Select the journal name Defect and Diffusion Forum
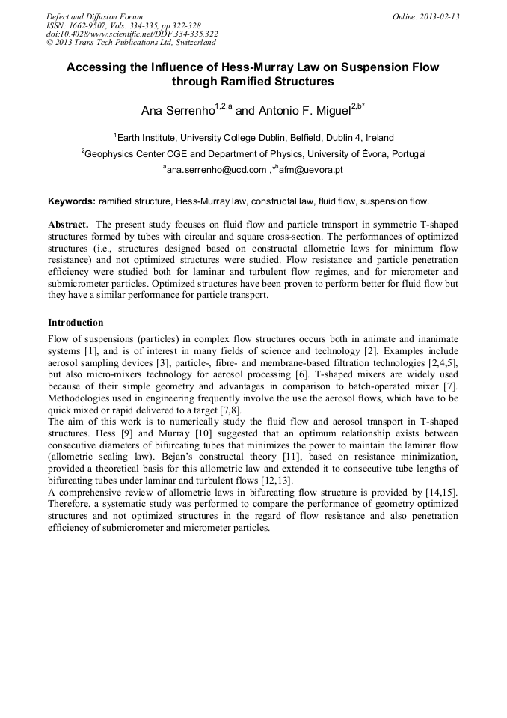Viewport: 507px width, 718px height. (94, 16)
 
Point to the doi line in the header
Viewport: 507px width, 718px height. (132, 34)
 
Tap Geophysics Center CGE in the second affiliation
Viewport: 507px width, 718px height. (135, 154)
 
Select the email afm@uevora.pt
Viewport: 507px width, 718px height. (311, 171)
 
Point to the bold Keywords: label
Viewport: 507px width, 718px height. (72, 201)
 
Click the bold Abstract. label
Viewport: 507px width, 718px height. (70, 225)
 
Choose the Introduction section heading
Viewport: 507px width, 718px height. (76, 323)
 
